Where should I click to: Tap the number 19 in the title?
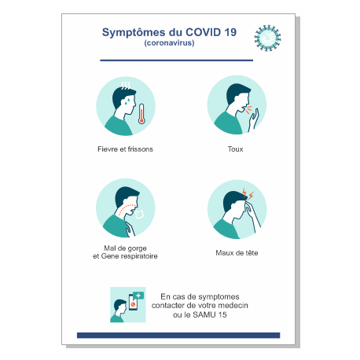coord(229,33)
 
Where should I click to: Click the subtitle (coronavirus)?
coord(169,43)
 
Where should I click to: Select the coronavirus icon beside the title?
coord(267,37)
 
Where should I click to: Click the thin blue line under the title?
coord(176,60)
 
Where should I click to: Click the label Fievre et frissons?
coord(125,149)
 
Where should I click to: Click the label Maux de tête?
coord(237,253)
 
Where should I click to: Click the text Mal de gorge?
coord(125,248)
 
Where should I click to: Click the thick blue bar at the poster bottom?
coord(178,335)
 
